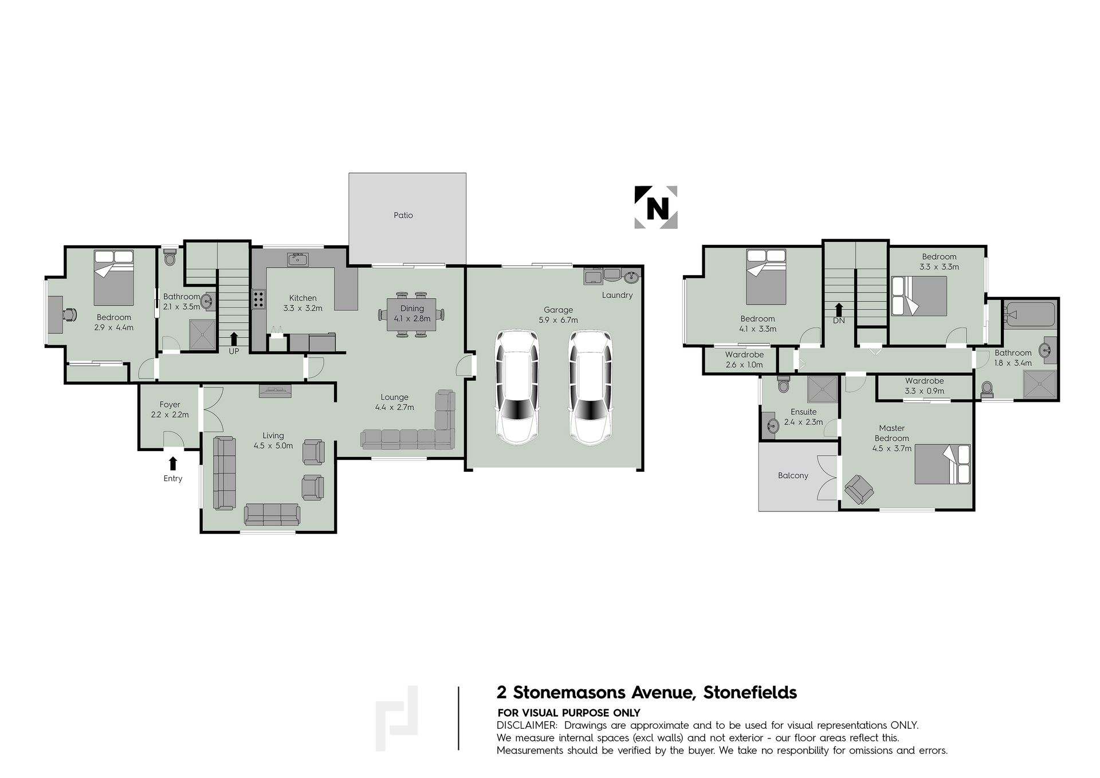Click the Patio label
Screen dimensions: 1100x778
[403, 216]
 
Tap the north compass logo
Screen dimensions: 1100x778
[656, 208]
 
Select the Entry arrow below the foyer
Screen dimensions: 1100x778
[173, 463]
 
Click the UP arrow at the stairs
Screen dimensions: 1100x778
[234, 338]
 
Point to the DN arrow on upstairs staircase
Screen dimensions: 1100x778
[839, 310]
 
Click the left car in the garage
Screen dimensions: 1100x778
[517, 388]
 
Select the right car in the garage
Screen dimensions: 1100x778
[591, 388]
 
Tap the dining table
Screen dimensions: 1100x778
[411, 314]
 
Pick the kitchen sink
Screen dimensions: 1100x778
[298, 259]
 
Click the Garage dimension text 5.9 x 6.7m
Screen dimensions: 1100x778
[558, 320]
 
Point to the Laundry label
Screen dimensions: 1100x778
[617, 295]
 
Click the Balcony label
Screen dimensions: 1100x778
[793, 475]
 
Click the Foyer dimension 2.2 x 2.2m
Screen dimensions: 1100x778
[170, 415]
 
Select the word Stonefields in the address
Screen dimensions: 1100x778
[750, 693]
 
